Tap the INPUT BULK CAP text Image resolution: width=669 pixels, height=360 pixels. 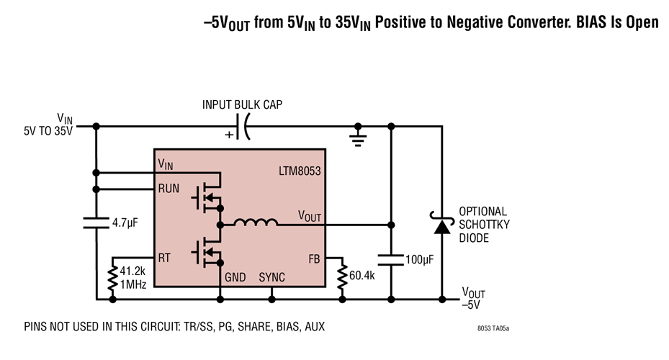pos(242,105)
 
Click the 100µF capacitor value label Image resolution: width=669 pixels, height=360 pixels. pos(420,258)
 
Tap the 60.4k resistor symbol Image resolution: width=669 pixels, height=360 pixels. pos(342,276)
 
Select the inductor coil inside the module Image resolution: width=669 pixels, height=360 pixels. pos(255,224)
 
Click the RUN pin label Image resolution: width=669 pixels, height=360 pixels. pos(170,189)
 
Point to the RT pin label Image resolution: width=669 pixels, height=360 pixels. pos(165,258)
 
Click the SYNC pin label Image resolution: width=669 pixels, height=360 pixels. pos(271,277)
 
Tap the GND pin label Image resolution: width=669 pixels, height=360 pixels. pos(235,277)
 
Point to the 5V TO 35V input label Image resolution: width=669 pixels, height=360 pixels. pos(48,132)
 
